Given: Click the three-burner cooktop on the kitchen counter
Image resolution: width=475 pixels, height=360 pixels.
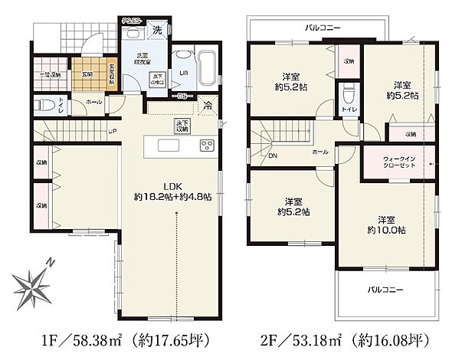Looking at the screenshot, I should coord(207,146).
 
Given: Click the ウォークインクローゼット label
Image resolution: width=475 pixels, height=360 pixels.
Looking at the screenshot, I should coord(401,163).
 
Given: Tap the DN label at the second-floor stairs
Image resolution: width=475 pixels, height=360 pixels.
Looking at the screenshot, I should coord(273,155).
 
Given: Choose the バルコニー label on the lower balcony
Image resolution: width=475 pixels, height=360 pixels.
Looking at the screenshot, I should coord(385,289).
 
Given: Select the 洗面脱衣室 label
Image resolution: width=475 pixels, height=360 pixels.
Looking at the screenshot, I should coord(142,59).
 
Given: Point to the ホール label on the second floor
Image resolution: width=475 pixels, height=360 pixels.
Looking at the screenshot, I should coord(319,152).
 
